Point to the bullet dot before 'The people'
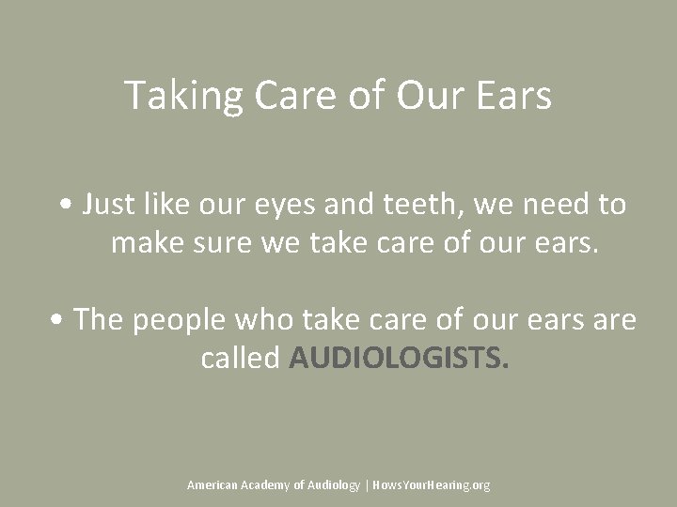tap(58, 320)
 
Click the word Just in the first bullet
tap(105, 205)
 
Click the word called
tap(240, 358)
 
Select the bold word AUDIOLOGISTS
tap(399, 359)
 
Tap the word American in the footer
tap(213, 485)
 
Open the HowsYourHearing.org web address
tap(432, 485)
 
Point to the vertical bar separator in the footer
tap(367, 485)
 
